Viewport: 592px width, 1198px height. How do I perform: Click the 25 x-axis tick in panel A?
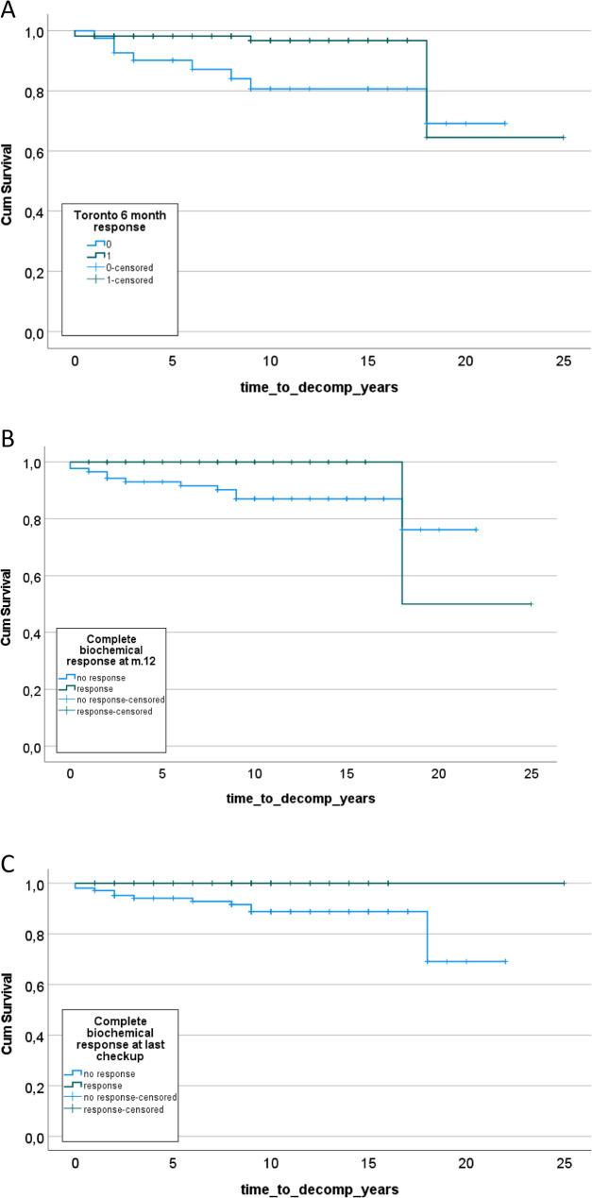tap(564, 362)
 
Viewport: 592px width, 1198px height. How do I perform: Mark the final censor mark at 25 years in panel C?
tap(564, 884)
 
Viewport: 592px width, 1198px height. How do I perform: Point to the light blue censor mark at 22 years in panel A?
tap(505, 124)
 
